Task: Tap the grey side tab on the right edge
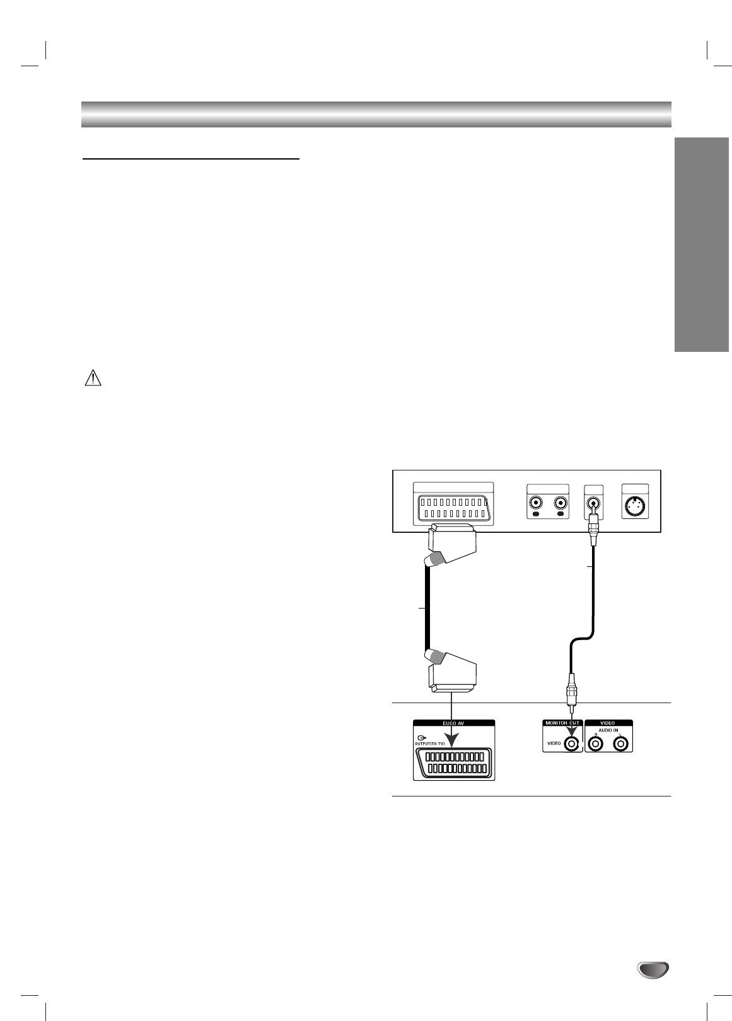click(701, 246)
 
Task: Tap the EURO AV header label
click(453, 723)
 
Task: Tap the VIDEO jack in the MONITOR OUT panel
click(572, 744)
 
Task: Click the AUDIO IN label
click(608, 730)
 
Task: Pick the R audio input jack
click(595, 745)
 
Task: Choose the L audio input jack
click(621, 745)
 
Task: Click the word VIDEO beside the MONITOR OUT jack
click(553, 744)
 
